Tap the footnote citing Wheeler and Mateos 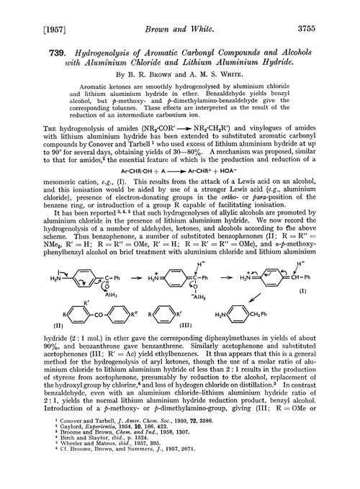click(96, 458)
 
